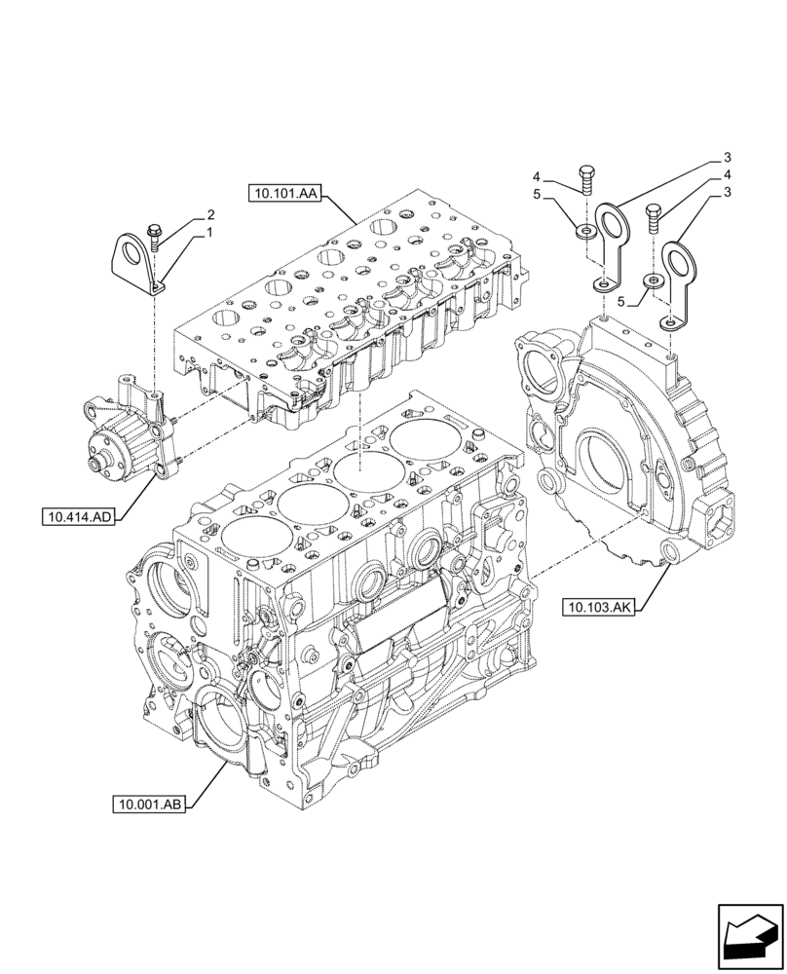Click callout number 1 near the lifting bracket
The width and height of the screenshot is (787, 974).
[x=208, y=234]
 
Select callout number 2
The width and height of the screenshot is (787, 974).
[x=209, y=214]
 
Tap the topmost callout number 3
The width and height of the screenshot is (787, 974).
[x=727, y=157]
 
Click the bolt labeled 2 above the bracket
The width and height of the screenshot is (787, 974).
[x=156, y=232]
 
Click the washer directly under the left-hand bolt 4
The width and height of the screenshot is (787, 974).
[x=586, y=230]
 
